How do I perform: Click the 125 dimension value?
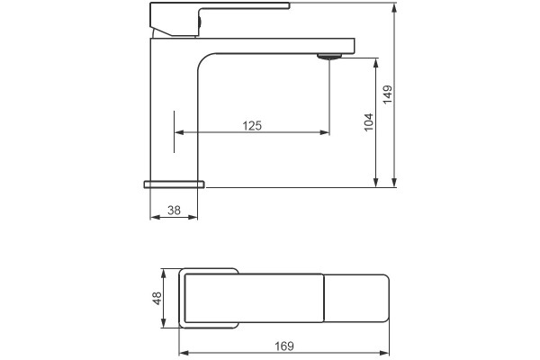pos(252,126)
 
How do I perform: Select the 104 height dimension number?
pos(368,122)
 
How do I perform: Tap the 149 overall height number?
pos(388,94)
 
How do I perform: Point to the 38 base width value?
pos(174,210)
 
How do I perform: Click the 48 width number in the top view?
pos(157,298)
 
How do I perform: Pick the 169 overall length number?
pos(284,346)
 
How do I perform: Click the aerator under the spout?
pos(329,57)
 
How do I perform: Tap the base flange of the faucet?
pos(174,184)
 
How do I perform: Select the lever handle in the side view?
pos(220,19)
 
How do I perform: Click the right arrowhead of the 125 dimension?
pos(325,132)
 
